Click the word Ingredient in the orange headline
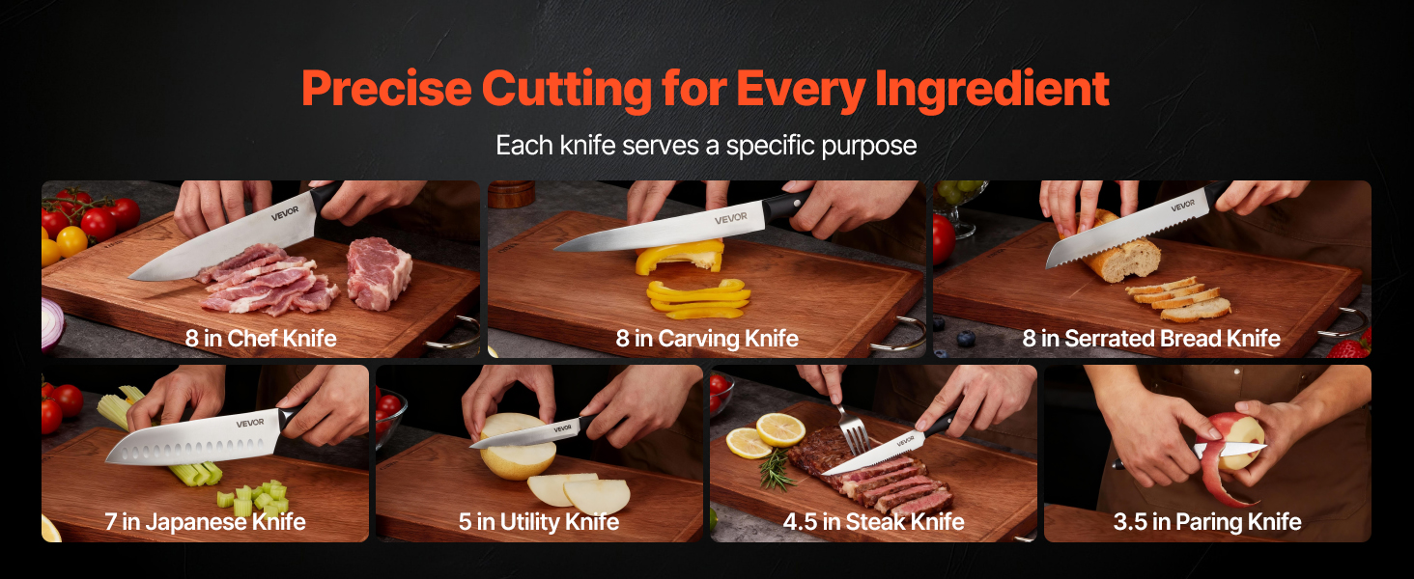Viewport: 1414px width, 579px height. tap(992, 89)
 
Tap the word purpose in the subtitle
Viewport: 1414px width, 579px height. tap(868, 147)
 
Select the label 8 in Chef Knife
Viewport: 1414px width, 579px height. tap(261, 338)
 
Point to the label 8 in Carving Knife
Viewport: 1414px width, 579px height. tap(707, 339)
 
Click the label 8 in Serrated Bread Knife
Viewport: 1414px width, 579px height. tap(1151, 339)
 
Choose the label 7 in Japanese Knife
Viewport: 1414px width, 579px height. tap(205, 522)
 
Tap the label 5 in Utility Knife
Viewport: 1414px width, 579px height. tap(538, 522)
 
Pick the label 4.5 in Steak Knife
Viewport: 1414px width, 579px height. tap(874, 522)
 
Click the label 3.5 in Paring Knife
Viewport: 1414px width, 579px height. tap(1207, 522)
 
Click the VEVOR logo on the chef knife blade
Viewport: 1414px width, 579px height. tap(285, 213)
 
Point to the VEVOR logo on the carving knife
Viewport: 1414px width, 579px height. tap(731, 218)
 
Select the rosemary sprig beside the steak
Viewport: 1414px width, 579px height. tap(776, 470)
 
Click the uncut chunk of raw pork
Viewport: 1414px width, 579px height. tap(379, 272)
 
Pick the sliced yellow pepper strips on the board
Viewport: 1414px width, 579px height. tap(698, 298)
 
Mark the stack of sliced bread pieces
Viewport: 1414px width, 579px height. tap(1179, 299)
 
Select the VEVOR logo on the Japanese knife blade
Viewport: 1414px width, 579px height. tap(250, 423)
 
